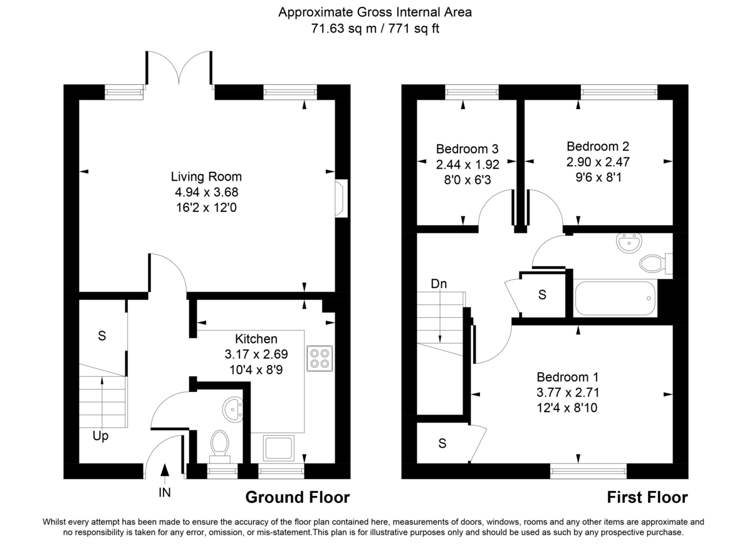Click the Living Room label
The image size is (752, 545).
click(x=206, y=177)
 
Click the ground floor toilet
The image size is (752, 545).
click(x=219, y=444)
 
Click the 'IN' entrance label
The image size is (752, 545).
click(x=164, y=494)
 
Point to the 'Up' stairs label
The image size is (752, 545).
click(x=101, y=436)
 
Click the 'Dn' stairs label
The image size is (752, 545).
click(x=439, y=283)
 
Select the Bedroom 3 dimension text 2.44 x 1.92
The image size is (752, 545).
click(x=467, y=166)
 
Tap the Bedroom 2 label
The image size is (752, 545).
click(x=597, y=147)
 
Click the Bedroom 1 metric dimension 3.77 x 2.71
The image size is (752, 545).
click(x=567, y=393)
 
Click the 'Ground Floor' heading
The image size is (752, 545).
click(x=297, y=498)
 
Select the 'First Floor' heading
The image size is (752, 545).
click(x=647, y=498)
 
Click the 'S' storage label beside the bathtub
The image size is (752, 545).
click(x=542, y=294)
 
